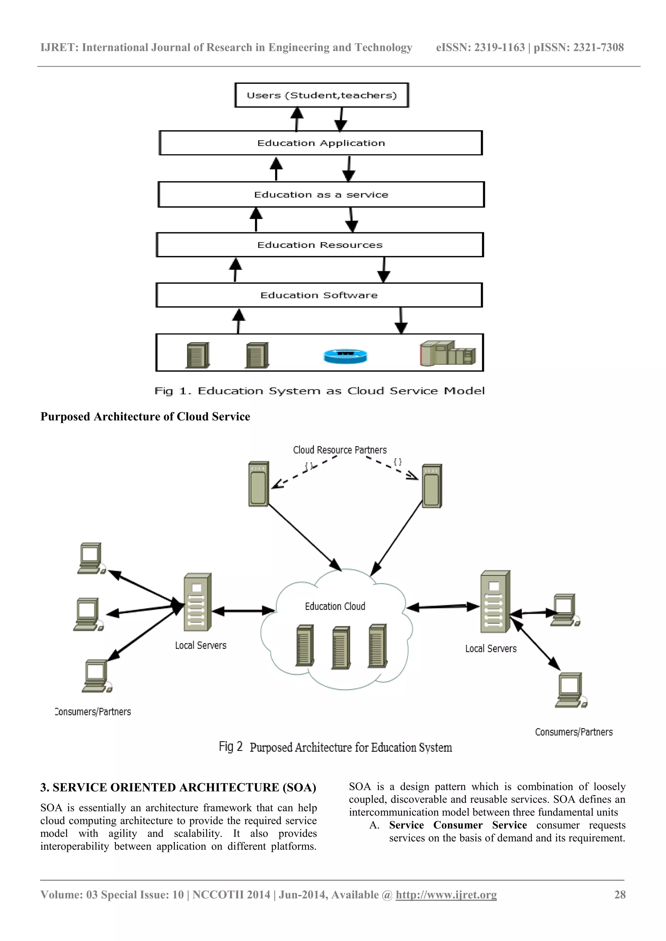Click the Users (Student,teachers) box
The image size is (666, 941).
(x=322, y=95)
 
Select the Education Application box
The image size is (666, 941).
(x=321, y=143)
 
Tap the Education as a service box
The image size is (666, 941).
(x=321, y=195)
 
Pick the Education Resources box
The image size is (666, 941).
(x=320, y=245)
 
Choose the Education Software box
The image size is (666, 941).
(x=319, y=295)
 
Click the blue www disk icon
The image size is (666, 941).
(x=345, y=356)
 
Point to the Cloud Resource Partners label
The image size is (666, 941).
(x=340, y=450)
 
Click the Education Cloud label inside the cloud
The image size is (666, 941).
(x=335, y=606)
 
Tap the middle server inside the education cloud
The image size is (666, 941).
(x=341, y=647)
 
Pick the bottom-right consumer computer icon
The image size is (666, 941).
(x=570, y=690)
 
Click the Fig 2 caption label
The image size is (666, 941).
(x=335, y=747)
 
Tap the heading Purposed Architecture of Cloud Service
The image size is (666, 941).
(x=145, y=417)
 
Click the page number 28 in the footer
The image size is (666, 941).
(x=619, y=895)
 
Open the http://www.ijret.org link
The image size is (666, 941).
(x=446, y=895)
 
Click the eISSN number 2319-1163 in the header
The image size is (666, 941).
(x=499, y=47)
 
